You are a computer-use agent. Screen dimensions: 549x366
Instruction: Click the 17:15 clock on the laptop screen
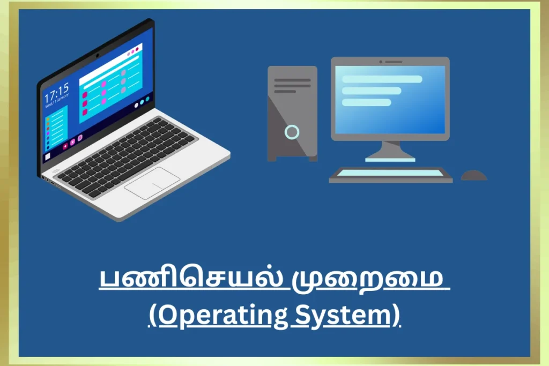pos(57,93)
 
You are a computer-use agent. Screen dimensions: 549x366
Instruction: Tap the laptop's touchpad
pos(152,183)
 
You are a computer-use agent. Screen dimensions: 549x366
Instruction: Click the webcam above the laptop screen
pos(98,55)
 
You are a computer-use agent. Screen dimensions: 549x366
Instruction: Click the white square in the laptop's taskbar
pos(48,156)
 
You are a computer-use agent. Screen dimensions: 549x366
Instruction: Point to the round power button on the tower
pos(292,132)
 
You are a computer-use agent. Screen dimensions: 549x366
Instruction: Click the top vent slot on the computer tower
pos(292,80)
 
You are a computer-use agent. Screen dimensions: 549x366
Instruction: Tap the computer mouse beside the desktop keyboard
pos(474,175)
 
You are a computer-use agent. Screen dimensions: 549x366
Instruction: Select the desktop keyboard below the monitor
pos(391,175)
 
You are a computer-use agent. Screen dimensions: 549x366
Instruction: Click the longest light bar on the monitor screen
pos(382,79)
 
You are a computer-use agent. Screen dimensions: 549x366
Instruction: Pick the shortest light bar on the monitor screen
pos(366,102)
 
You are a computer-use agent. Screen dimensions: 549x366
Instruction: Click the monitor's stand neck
pos(390,150)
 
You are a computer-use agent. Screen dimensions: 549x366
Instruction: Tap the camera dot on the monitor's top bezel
pos(381,62)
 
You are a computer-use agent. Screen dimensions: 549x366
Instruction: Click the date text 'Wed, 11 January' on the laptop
pos(57,101)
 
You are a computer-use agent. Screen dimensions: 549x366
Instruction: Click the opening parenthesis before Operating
pos(153,316)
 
